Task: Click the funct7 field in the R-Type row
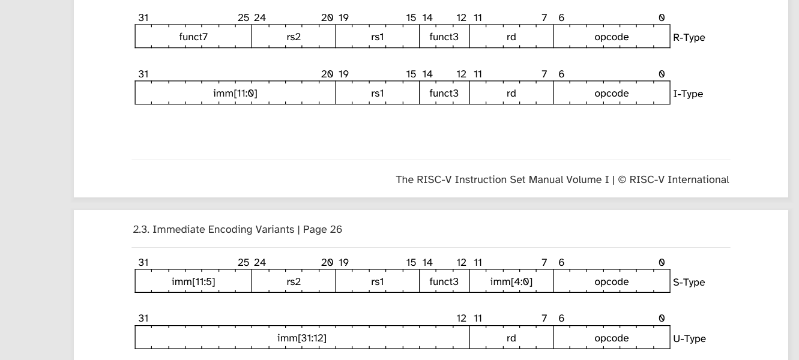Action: (193, 37)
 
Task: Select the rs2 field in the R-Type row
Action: (294, 37)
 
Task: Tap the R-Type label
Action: (689, 37)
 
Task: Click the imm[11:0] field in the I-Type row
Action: (235, 93)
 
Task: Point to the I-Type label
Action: (688, 94)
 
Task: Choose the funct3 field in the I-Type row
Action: (444, 93)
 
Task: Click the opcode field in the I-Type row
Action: (612, 93)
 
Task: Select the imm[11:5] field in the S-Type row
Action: (193, 281)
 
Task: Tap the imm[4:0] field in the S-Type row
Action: (511, 281)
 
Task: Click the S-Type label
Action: (689, 282)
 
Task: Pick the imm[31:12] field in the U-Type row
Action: (302, 338)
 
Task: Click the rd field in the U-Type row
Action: (511, 338)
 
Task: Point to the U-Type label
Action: (689, 338)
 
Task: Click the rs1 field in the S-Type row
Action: (378, 281)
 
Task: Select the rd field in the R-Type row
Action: (511, 37)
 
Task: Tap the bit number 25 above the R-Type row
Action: (243, 17)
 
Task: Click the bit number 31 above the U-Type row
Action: (143, 318)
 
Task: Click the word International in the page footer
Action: (698, 179)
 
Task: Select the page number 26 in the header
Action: (336, 229)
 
